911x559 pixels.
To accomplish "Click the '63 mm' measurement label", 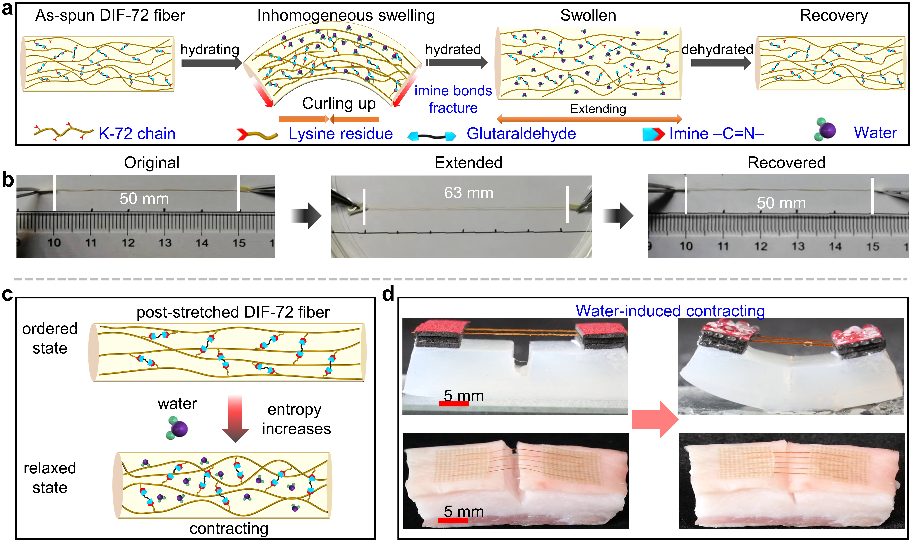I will [x=468, y=193].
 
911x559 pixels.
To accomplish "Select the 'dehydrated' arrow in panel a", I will [x=720, y=63].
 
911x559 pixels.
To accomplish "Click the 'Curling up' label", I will [x=339, y=104].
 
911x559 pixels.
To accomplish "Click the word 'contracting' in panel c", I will [x=229, y=529].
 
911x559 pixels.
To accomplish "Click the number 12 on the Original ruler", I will [x=128, y=243].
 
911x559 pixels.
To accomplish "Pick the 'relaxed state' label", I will [x=50, y=478].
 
